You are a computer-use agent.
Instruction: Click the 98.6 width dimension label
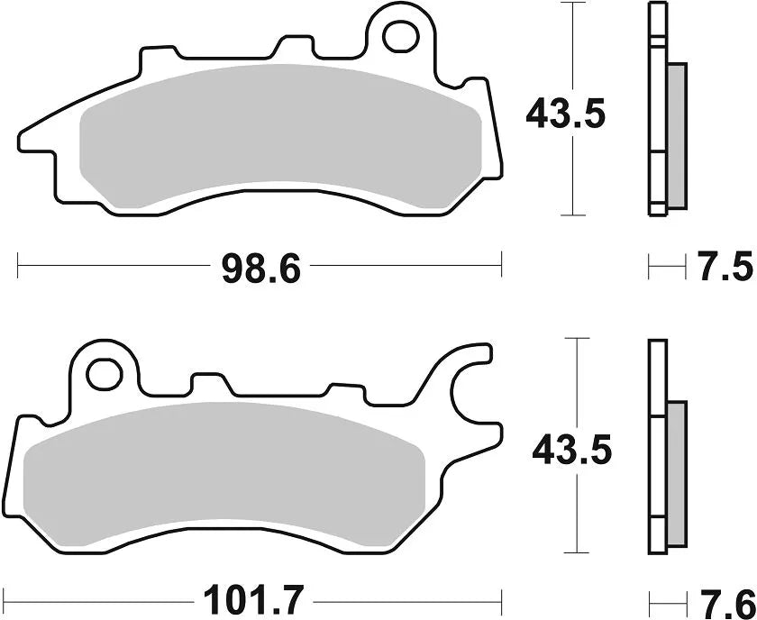[x=260, y=268]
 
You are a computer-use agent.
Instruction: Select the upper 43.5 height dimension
[x=566, y=114]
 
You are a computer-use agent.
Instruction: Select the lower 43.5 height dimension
[x=571, y=448]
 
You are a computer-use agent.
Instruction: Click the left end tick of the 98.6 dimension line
[x=18, y=266]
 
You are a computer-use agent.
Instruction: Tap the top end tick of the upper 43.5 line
[x=567, y=5]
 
